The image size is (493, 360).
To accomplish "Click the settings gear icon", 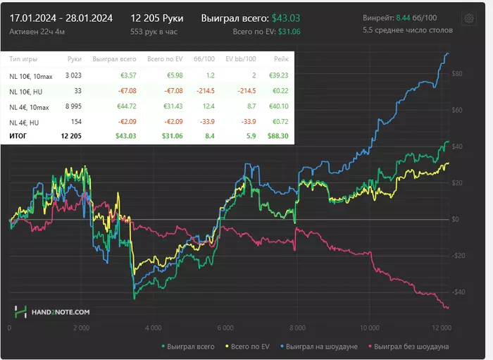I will click(467, 18).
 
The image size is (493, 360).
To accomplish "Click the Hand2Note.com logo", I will click(53, 311).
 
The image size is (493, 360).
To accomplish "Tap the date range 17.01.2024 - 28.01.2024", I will click(61, 18).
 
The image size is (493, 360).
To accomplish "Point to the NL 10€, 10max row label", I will click(30, 75).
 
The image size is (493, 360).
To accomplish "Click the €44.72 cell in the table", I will click(124, 106).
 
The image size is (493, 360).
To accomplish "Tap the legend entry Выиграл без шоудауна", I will click(411, 346).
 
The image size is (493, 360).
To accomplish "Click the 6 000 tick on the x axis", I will click(225, 328).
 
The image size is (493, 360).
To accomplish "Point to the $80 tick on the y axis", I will click(456, 74).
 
